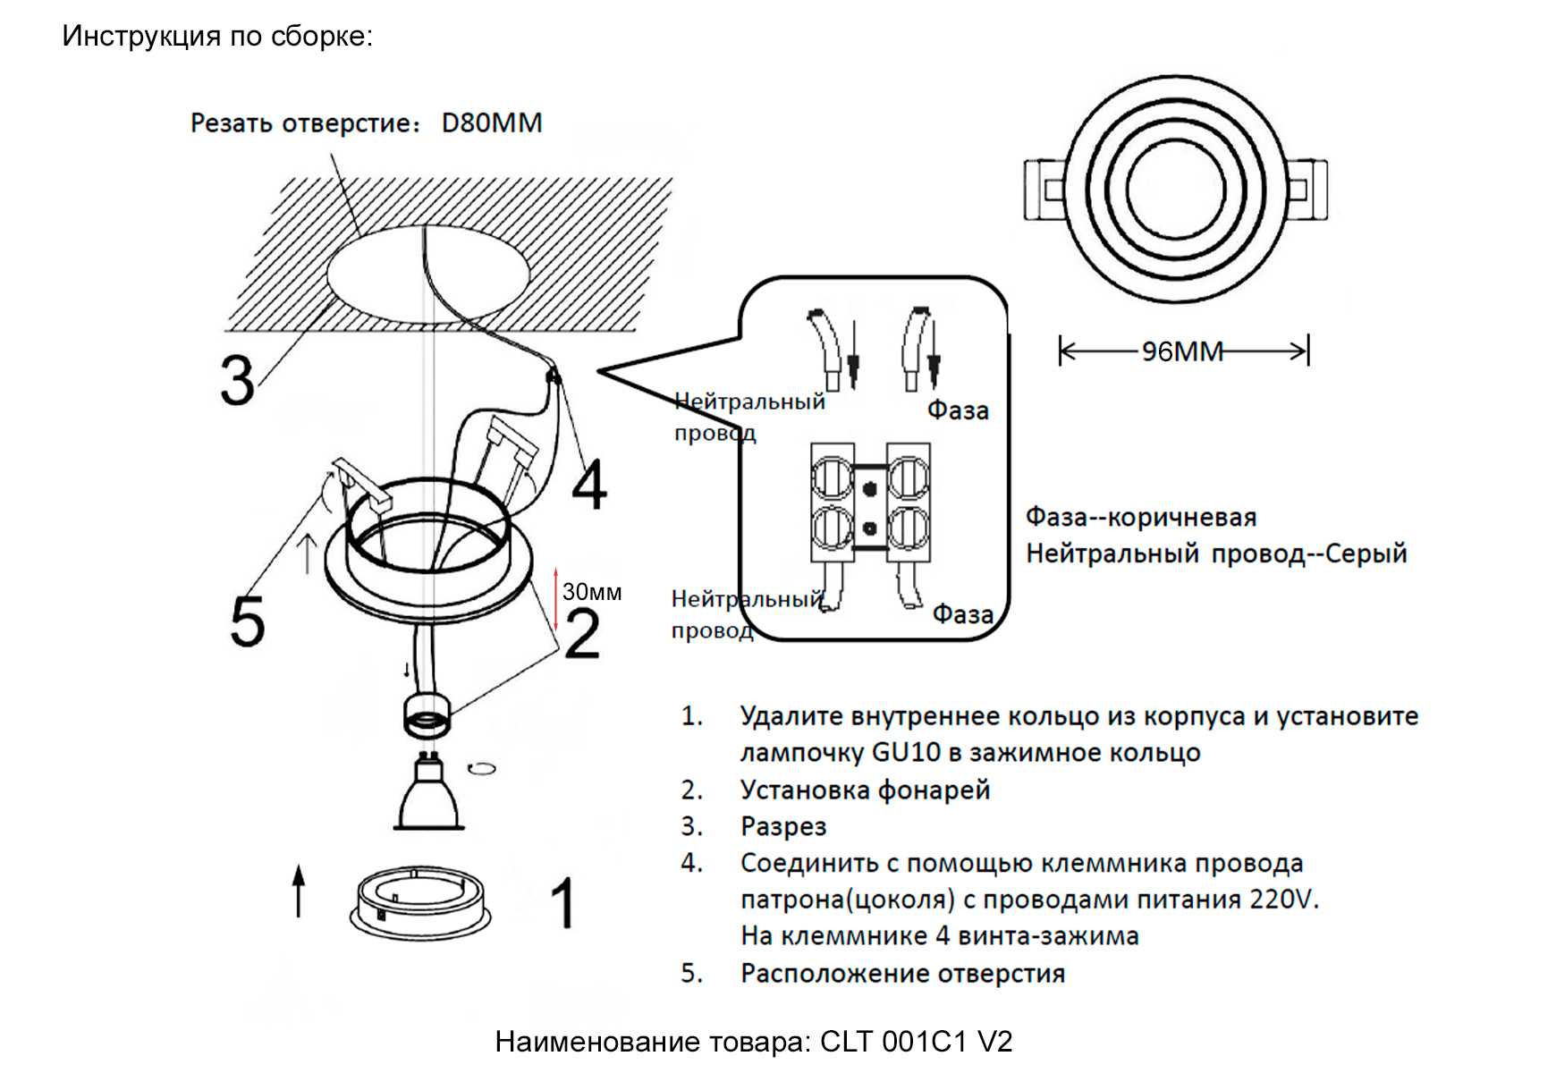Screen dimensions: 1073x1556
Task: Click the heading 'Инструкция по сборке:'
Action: (x=217, y=37)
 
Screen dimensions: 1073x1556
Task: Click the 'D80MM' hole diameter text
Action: (x=491, y=123)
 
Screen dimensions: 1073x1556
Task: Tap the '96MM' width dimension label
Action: (x=1181, y=351)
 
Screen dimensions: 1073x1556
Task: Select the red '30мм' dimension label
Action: (x=591, y=592)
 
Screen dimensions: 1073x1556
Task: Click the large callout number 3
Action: (x=237, y=381)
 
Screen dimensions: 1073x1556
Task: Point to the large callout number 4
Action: (x=589, y=485)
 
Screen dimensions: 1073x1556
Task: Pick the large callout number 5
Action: (x=248, y=621)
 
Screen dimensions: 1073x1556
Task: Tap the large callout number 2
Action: (x=582, y=634)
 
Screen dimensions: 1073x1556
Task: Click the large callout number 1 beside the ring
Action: (x=562, y=903)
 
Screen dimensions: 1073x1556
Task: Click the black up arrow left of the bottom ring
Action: (x=299, y=891)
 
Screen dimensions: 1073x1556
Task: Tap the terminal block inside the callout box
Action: (x=869, y=503)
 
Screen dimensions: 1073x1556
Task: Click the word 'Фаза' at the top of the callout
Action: (x=958, y=410)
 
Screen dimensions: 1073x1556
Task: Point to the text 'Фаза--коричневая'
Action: (x=1140, y=517)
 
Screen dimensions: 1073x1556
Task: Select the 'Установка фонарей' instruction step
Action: (x=865, y=790)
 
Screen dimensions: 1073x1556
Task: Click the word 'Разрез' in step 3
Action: (x=783, y=827)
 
